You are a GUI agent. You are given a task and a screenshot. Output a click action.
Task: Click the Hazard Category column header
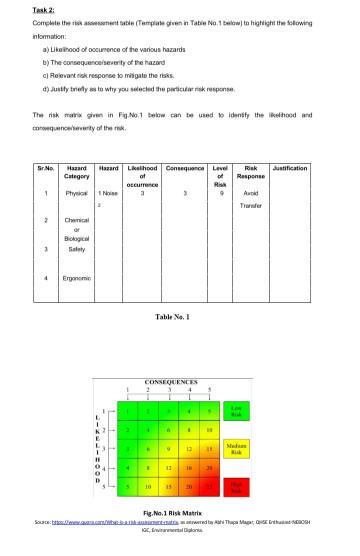tap(74, 172)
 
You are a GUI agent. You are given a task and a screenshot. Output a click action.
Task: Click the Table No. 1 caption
tap(179, 317)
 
